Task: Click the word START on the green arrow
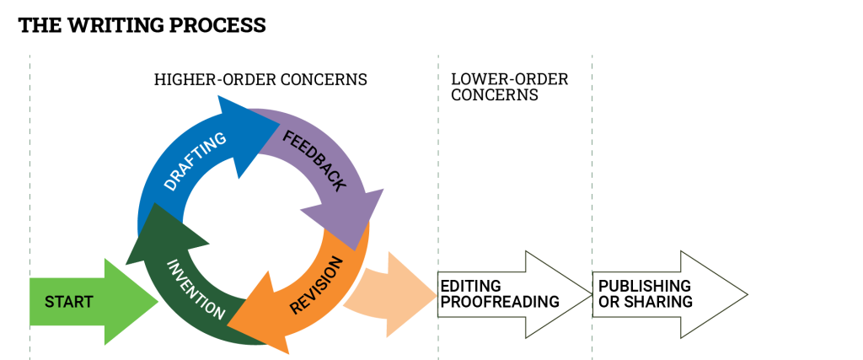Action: [x=68, y=302]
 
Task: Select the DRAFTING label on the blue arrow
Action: [x=195, y=161]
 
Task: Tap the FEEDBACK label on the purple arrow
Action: [x=314, y=160]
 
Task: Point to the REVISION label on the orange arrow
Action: [x=317, y=286]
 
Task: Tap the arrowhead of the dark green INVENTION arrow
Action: [x=160, y=232]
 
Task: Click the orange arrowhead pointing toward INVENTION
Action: [x=257, y=316]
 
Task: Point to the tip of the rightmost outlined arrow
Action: [x=746, y=294]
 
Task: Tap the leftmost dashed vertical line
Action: [x=29, y=169]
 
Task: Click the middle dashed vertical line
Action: [x=438, y=169]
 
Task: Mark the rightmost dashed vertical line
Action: [x=592, y=169]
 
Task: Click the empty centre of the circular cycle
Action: [x=253, y=223]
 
